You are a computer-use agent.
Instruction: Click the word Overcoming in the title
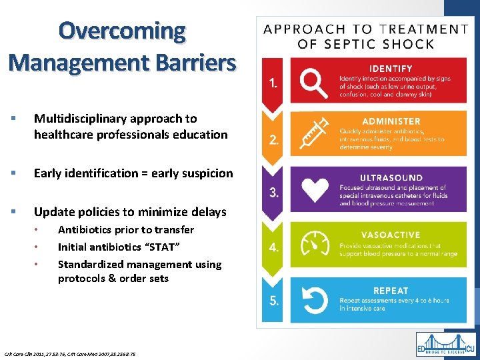pos(122,31)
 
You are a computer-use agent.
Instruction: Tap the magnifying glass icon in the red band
pos(311,83)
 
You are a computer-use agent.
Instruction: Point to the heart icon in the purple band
pos(314,189)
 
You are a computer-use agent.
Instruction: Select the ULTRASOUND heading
pos(391,178)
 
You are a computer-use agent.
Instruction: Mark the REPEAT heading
pos(391,291)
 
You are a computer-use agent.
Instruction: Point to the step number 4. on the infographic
pos(274,247)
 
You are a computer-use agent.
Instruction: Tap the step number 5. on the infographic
pos(274,301)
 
